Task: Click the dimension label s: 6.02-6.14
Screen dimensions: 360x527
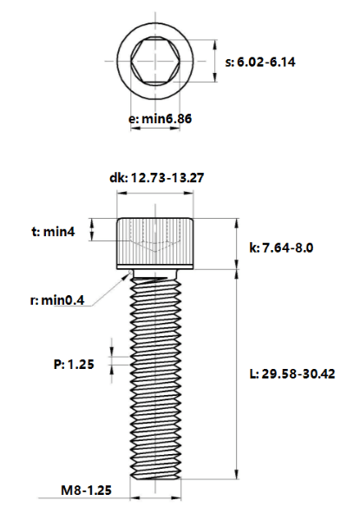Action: point(260,63)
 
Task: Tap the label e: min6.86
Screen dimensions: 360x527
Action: point(160,119)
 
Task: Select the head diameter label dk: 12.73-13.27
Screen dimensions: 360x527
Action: point(157,178)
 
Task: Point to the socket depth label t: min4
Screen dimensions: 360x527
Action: point(54,232)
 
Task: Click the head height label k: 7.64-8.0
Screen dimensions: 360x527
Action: point(281,248)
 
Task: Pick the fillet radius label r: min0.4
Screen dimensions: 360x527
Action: point(57,300)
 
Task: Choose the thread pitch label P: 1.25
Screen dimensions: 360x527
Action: point(74,365)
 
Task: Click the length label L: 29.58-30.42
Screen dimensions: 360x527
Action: point(292,373)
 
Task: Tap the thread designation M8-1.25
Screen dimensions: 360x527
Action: point(86,491)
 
